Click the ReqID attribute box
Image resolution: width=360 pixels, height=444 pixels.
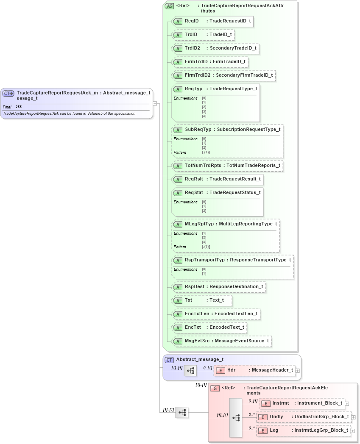pyautogui.click(x=212, y=21)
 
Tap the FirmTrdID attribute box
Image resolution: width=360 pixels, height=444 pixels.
pyautogui.click(x=210, y=62)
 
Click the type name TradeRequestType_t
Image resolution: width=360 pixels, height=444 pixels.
pyautogui.click(x=233, y=89)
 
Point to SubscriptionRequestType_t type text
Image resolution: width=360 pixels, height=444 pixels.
pyautogui.click(x=248, y=129)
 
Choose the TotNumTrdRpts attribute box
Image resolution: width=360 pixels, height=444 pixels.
pyautogui.click(x=227, y=165)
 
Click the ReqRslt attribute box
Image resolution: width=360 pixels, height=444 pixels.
pyautogui.click(x=217, y=179)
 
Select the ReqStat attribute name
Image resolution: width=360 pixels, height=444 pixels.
pyautogui.click(x=193, y=193)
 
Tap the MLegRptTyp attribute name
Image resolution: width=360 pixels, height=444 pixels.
pyautogui.click(x=199, y=224)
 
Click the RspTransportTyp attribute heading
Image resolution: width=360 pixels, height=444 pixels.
pyautogui.click(x=204, y=260)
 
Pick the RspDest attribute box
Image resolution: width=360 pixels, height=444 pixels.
pyautogui.click(x=218, y=287)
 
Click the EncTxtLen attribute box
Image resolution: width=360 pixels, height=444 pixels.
pyautogui.click(x=216, y=314)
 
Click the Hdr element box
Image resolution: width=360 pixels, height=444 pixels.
pyautogui.click(x=254, y=370)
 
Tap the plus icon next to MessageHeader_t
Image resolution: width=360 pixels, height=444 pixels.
pyautogui.click(x=298, y=370)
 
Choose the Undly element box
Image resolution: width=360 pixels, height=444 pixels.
pyautogui.click(x=304, y=417)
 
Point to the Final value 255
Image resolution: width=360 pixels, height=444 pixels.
pyautogui.click(x=19, y=107)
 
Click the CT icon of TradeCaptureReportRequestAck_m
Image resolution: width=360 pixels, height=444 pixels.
pyautogui.click(x=8, y=93)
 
